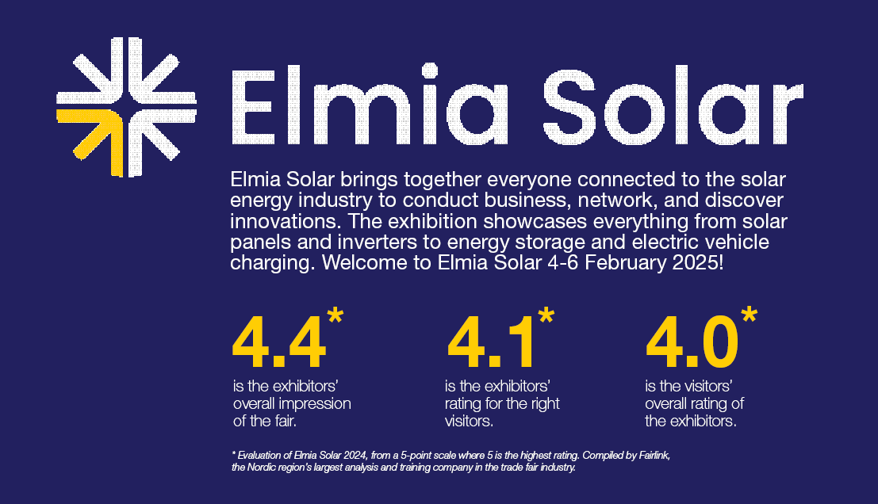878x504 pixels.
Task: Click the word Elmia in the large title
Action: [x=370, y=105]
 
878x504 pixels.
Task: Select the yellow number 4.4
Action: [x=279, y=342]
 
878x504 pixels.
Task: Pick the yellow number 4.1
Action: [x=490, y=342]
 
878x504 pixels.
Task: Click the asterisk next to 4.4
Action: [x=335, y=315]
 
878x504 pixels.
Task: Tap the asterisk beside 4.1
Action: [x=546, y=315]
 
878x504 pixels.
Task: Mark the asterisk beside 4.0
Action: [x=750, y=315]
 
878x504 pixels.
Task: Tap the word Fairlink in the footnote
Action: [x=654, y=456]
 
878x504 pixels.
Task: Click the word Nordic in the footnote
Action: [x=262, y=467]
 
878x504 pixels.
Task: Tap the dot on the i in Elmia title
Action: [x=429, y=71]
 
